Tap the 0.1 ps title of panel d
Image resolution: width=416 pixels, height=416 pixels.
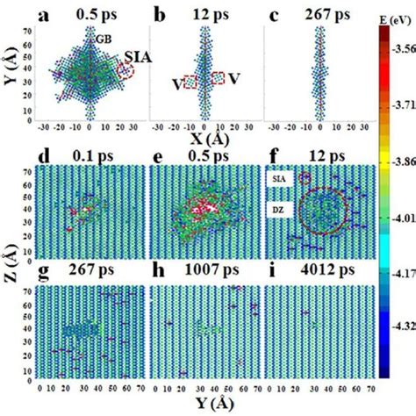click(x=92, y=156)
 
